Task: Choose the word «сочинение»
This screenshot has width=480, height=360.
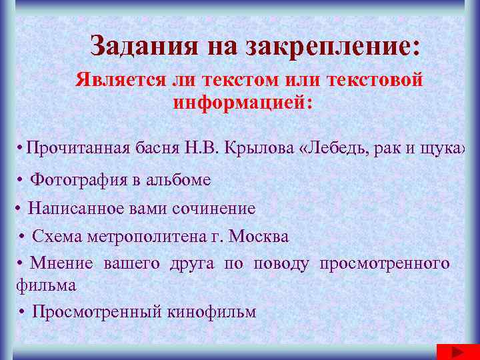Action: (x=214, y=208)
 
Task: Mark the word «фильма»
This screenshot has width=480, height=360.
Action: (x=46, y=285)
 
